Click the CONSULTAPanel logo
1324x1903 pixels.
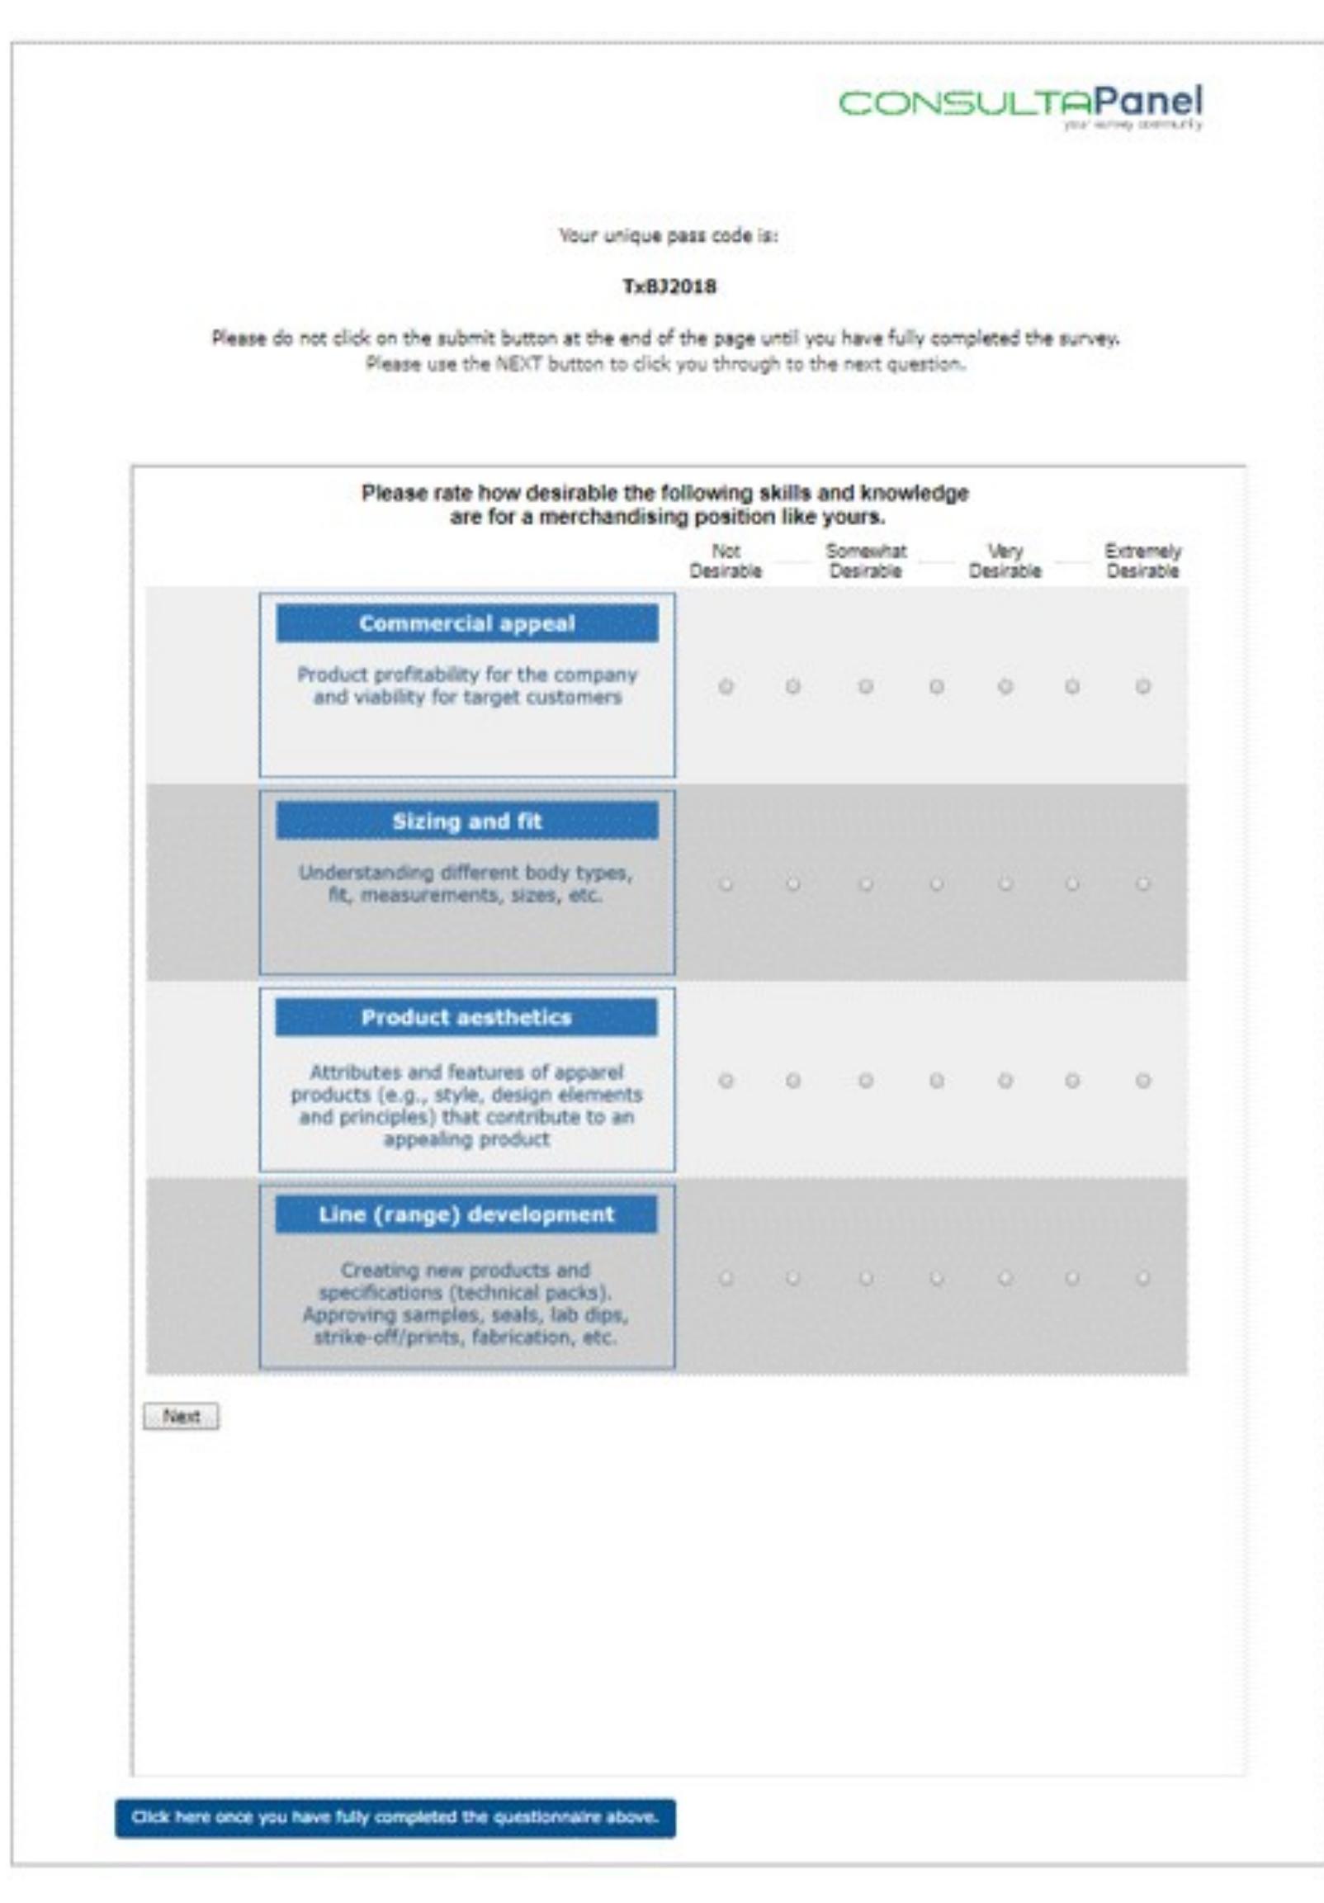pos(1020,104)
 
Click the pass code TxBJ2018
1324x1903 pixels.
pos(669,286)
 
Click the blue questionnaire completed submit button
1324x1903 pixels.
pos(395,1818)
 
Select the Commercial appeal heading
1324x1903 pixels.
pos(467,623)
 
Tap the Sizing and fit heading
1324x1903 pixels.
pos(467,821)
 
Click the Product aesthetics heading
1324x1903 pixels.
pos(466,1017)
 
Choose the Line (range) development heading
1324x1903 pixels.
pos(466,1214)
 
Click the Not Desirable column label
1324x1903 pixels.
pos(725,561)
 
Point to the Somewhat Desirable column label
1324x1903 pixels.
pos(866,561)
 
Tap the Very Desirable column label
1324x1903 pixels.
pos(1005,561)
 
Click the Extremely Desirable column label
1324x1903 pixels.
pos(1142,561)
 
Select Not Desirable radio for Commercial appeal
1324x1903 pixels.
pos(726,686)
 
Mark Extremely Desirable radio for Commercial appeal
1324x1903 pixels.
pos(1143,686)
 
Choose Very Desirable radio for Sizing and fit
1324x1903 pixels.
pos(1005,884)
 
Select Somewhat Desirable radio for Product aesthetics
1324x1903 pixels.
pos(866,1081)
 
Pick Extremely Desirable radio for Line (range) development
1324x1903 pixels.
pos(1143,1278)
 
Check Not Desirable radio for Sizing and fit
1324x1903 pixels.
pos(726,884)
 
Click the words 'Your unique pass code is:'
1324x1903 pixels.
pos(668,235)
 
